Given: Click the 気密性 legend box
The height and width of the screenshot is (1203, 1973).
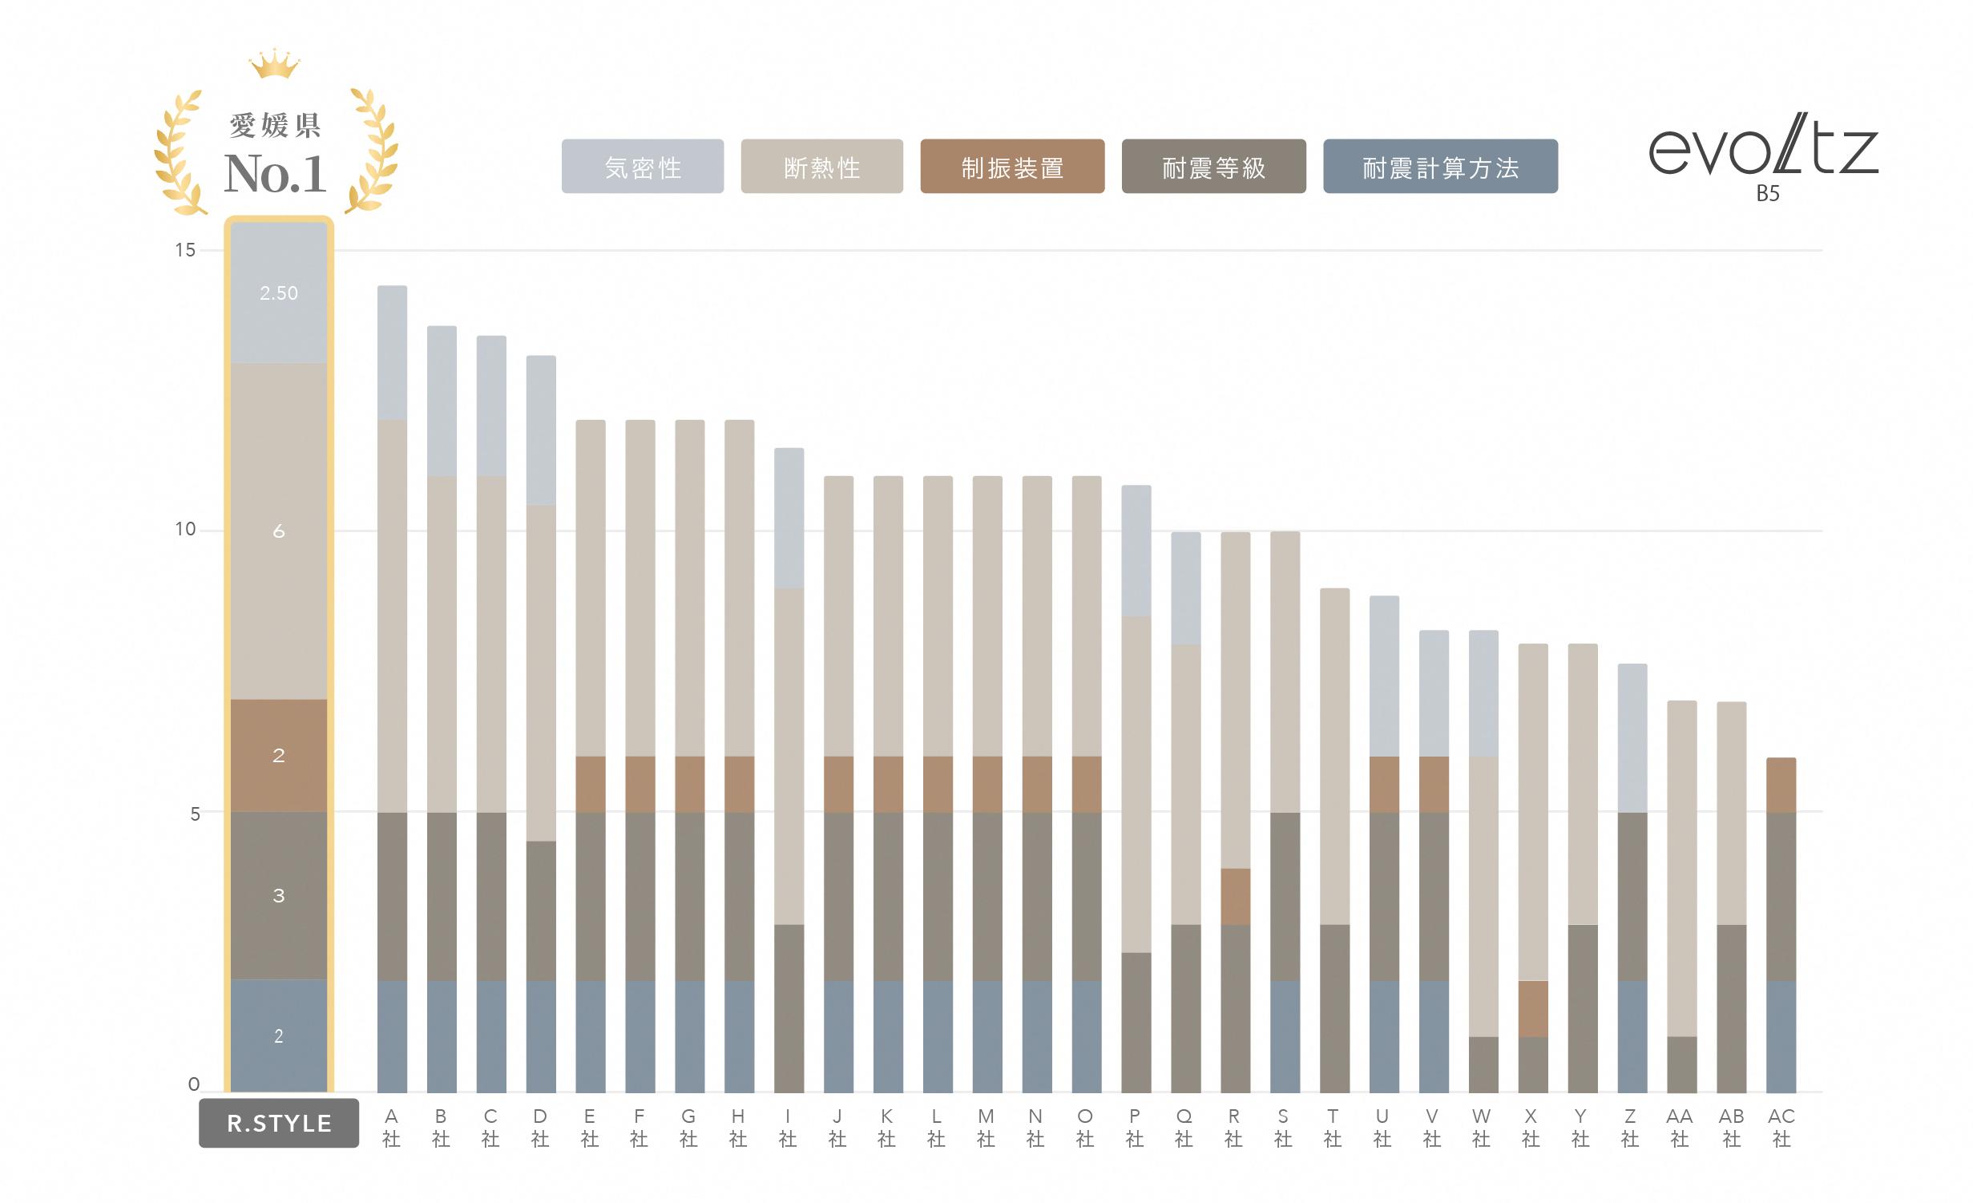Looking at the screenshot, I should point(642,167).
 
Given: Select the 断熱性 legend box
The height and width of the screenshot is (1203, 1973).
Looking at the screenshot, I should point(821,167).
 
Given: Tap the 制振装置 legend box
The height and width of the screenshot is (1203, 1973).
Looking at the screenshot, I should point(1012,167).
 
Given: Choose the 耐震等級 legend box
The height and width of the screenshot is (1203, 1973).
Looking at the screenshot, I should point(1213,167).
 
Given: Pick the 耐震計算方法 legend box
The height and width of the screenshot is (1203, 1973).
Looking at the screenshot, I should point(1440,167).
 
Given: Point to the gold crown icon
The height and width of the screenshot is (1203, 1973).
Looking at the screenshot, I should point(274,64).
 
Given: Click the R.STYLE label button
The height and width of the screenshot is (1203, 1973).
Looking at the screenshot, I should point(279,1123).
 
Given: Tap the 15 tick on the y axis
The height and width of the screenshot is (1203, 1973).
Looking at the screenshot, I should point(185,250).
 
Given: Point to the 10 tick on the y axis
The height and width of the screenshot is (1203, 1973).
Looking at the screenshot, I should point(185,529).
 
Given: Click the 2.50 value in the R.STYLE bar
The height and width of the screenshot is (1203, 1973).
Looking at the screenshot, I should point(279,293).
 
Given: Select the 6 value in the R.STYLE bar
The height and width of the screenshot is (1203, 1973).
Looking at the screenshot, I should point(279,531).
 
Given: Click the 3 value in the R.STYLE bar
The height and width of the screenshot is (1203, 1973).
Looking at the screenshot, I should point(279,896).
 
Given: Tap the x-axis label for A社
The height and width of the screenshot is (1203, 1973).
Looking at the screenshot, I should point(391,1127).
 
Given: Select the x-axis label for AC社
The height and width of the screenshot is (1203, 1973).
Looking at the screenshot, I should point(1781,1127).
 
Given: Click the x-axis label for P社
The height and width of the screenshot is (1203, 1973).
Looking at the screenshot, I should point(1135,1127).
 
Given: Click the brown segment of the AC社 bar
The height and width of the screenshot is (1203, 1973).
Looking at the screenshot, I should point(1781,785).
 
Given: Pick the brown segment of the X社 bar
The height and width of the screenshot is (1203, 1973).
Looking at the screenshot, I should point(1533,1008).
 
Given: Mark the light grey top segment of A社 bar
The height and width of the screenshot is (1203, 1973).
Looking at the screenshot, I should point(392,353).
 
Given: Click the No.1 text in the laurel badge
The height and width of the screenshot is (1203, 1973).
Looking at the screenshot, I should point(276,174).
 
